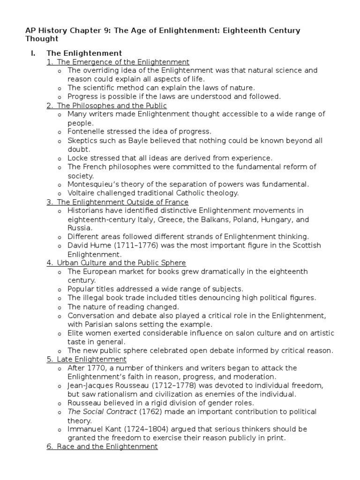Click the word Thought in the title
click(42, 39)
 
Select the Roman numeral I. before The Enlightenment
click(33, 53)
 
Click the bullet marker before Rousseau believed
click(59, 403)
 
